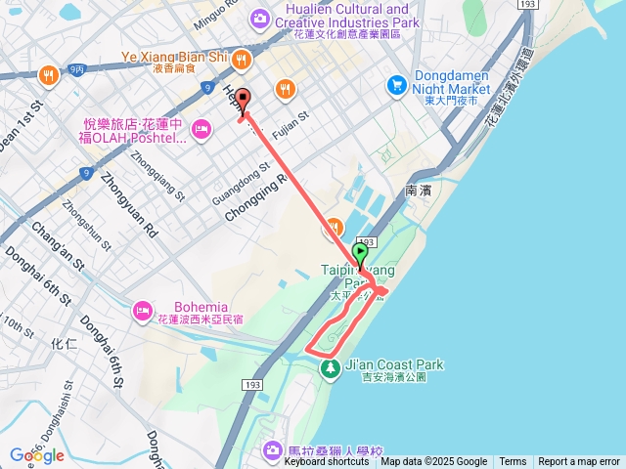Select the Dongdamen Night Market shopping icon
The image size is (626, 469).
coord(396,86)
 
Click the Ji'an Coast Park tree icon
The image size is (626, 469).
coord(331,367)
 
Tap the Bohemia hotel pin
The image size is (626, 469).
coord(143,310)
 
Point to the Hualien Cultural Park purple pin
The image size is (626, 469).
coord(260,18)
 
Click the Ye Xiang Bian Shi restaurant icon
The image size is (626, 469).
coord(242,60)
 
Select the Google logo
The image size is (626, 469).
coord(36,455)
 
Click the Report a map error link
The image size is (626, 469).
coord(579,462)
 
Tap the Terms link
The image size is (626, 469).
coord(513,462)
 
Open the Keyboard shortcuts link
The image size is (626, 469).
coord(327,462)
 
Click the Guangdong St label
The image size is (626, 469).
coord(239,182)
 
